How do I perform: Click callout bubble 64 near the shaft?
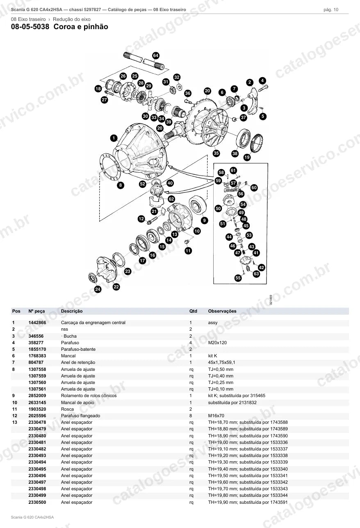click(156, 56)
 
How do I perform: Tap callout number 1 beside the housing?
click(114, 138)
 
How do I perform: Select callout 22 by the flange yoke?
click(116, 287)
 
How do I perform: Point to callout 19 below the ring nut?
click(247, 157)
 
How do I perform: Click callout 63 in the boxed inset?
click(256, 274)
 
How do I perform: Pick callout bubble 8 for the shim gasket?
click(121, 185)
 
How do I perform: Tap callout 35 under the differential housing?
click(216, 153)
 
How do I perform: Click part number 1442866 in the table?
click(37, 322)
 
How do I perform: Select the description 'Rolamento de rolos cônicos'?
click(89, 395)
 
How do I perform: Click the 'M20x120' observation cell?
click(217, 343)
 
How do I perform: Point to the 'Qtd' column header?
click(193, 311)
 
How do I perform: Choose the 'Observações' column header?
click(222, 311)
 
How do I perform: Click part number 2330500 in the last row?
click(37, 502)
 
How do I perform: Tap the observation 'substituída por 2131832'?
click(232, 402)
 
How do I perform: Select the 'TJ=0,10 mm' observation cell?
click(221, 389)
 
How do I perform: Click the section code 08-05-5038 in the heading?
click(30, 27)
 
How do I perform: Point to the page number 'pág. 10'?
click(331, 10)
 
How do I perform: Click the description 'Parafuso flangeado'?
click(81, 416)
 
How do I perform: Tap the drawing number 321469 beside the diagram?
click(271, 300)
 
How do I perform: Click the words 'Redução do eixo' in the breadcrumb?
click(72, 19)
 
